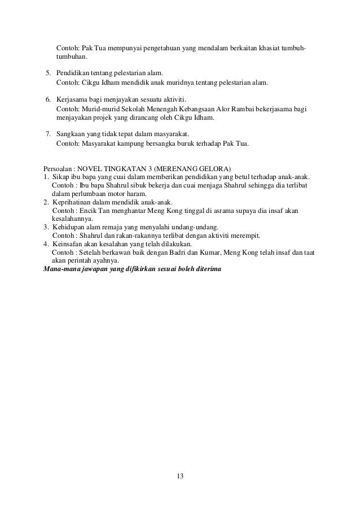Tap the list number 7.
48,134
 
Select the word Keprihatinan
73,202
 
